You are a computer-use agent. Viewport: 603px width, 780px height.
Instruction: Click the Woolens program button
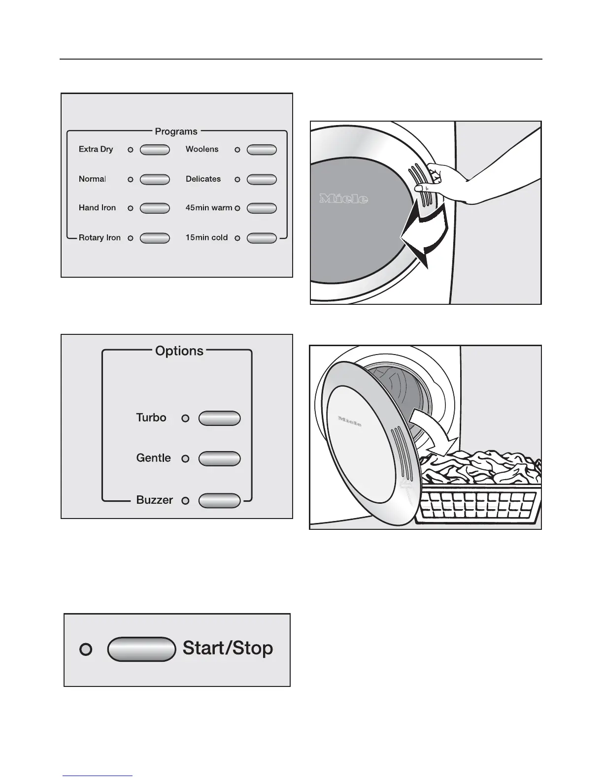[262, 150]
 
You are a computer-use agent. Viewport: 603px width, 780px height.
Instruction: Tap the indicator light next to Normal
[131, 180]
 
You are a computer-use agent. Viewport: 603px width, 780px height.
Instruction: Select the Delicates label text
[203, 179]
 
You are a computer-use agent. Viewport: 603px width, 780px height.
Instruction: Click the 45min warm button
[262, 209]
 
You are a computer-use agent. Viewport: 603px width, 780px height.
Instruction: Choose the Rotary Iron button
[155, 238]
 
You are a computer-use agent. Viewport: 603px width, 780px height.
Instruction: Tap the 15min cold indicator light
[237, 238]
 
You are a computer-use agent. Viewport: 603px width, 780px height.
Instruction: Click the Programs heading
[176, 131]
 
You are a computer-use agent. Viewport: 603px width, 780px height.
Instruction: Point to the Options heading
[179, 351]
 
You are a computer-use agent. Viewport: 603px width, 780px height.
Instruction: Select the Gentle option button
[219, 458]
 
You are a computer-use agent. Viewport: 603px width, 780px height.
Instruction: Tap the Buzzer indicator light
[185, 501]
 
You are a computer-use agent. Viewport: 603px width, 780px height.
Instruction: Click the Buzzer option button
[219, 501]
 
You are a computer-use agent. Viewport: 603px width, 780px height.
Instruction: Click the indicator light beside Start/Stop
[86, 650]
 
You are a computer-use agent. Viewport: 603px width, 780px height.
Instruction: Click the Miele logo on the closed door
[344, 199]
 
